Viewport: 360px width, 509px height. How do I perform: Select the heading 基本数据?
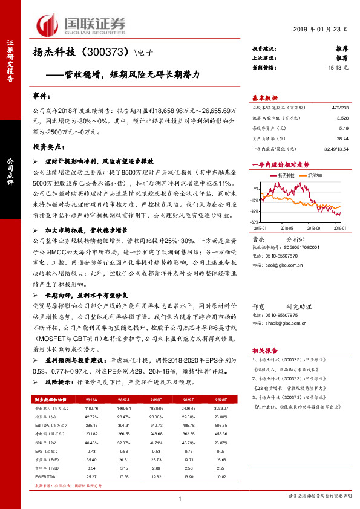coord(264,97)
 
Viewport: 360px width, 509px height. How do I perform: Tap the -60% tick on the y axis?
coord(257,222)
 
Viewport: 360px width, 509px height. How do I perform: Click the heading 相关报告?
coord(264,350)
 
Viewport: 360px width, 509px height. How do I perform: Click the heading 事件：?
coord(41,97)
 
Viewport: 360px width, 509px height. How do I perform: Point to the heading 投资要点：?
coord(49,146)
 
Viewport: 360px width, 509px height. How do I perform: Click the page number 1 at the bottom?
coord(180,498)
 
